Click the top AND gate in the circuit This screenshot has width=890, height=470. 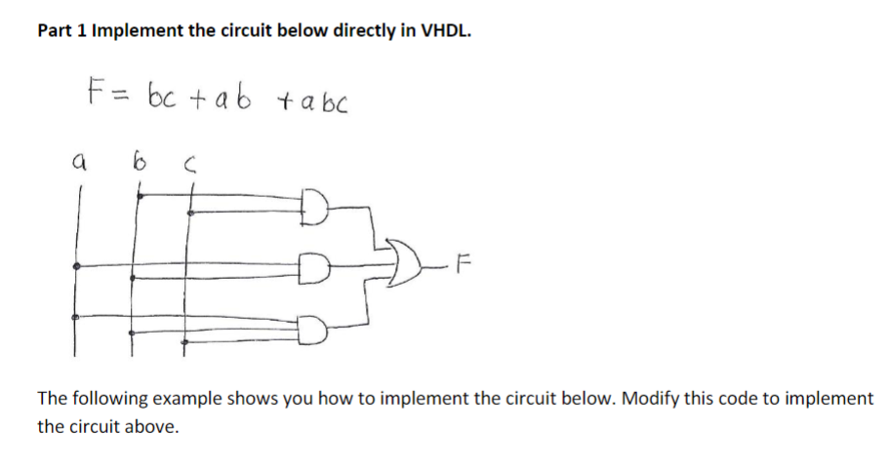[317, 209]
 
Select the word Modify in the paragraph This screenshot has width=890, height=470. [651, 399]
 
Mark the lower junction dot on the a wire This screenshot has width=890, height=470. [78, 318]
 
